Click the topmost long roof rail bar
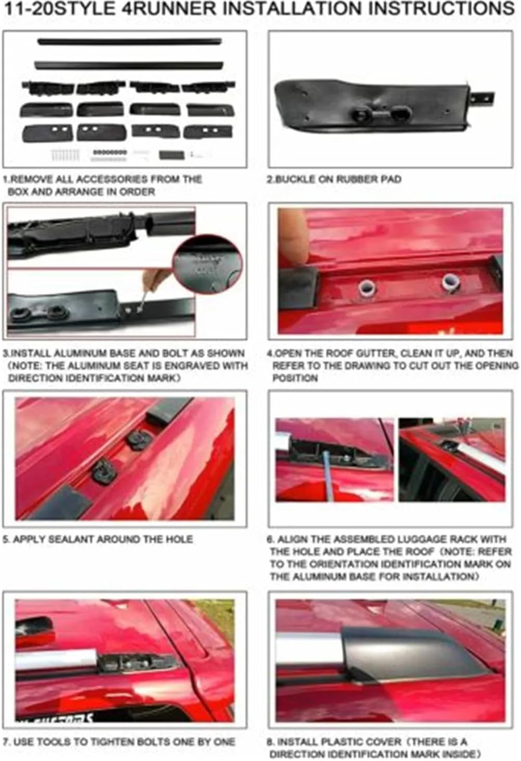(x=129, y=42)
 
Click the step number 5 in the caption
(x=5, y=539)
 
